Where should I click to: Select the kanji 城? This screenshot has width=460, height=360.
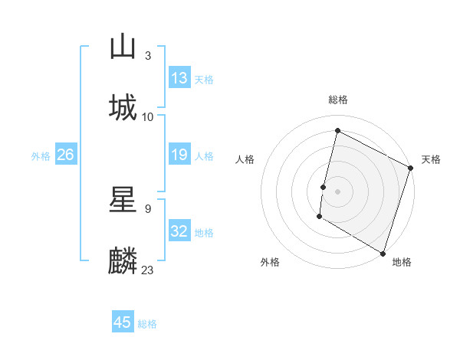[x=123, y=107]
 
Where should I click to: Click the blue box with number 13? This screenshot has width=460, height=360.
[x=179, y=78]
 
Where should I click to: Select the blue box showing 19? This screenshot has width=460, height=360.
[x=179, y=155]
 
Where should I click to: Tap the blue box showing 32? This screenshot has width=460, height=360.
[x=179, y=231]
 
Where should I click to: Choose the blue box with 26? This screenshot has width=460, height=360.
[x=65, y=155]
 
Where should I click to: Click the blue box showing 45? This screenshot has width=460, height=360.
[x=123, y=322]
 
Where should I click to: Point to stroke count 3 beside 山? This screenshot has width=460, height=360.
[x=147, y=56]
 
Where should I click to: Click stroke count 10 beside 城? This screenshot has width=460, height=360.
[x=148, y=116]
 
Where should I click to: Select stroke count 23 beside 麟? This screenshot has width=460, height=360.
[x=148, y=270]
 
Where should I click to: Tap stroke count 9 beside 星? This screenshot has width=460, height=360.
[x=147, y=208]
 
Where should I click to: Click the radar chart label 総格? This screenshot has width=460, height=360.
[x=338, y=100]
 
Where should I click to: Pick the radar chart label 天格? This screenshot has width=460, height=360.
[x=431, y=159]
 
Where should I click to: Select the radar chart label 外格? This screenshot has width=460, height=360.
[x=270, y=262]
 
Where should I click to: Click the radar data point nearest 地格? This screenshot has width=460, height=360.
[x=383, y=252]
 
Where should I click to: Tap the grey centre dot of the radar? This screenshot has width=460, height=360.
[x=338, y=191]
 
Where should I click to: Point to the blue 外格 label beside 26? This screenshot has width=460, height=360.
[x=40, y=155]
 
